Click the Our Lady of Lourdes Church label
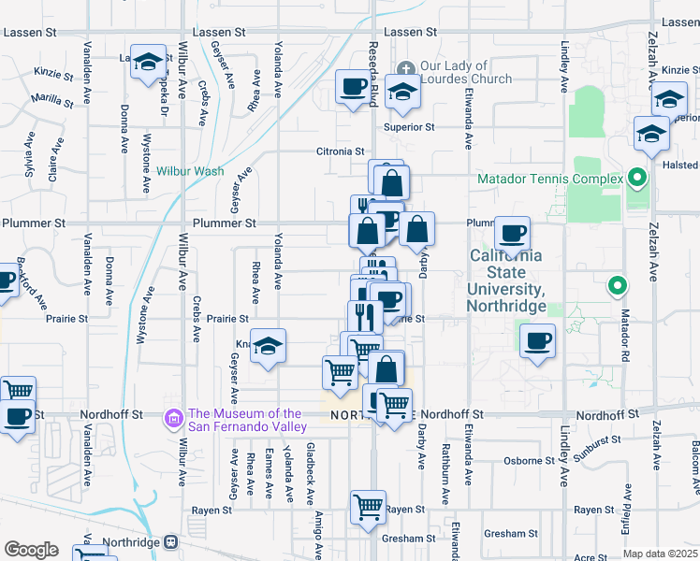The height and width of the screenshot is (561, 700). (x=455, y=72)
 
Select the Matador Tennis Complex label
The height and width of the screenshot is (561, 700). (x=550, y=179)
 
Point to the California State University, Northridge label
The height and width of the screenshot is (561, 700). (x=506, y=280)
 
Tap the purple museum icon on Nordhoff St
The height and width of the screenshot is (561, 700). (x=172, y=417)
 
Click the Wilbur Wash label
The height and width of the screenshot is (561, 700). (x=190, y=171)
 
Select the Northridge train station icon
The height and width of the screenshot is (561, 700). (x=170, y=542)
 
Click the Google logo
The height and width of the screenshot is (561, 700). (x=31, y=550)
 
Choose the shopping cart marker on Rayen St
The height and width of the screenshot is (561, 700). (x=369, y=508)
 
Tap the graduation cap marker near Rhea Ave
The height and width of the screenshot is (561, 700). (x=269, y=347)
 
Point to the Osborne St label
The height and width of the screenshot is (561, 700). (x=530, y=461)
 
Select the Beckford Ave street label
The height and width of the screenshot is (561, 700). (x=34, y=286)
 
